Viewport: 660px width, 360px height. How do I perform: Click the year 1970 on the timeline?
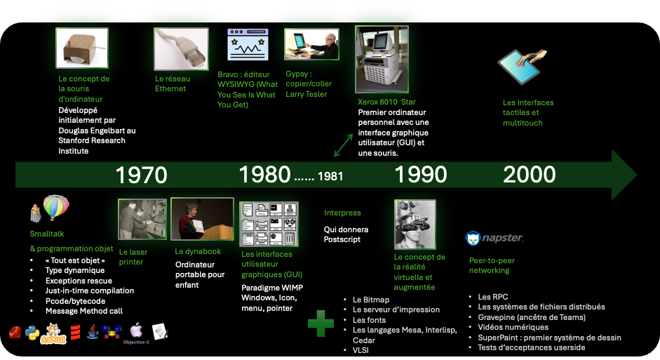142,175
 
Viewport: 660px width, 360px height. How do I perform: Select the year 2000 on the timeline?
529,174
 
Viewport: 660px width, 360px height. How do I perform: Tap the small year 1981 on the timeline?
330,176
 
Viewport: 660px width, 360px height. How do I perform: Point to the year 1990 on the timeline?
421,174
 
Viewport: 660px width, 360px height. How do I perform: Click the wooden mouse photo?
82,48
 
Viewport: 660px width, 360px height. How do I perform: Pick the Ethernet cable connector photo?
182,49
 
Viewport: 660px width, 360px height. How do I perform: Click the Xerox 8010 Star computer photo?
382,60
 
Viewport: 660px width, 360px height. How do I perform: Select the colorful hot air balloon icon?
56,207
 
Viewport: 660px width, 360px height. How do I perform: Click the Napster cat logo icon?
473,238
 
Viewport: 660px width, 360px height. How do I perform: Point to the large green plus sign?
321,324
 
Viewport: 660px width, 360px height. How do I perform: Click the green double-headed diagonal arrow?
344,145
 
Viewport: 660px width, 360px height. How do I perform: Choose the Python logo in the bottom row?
32,333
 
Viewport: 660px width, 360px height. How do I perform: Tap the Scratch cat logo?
53,334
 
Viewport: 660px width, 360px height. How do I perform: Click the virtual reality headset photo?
415,225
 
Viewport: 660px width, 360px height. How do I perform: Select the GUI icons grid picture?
269,224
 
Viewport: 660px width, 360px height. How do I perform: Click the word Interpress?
342,213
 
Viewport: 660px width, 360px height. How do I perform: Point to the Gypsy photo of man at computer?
311,44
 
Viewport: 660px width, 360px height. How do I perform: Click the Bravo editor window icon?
248,45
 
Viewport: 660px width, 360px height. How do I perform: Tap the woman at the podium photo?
203,219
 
